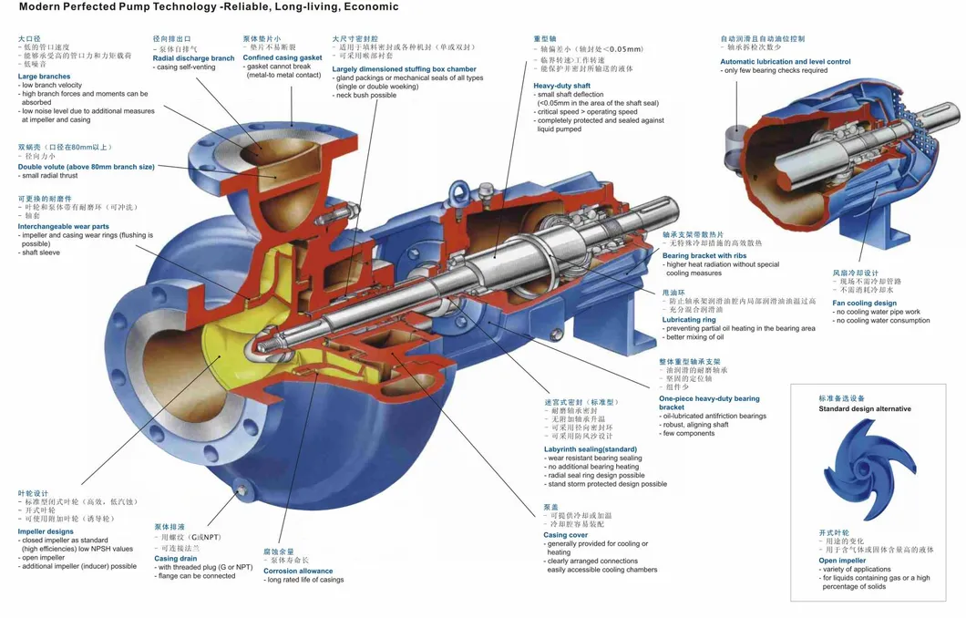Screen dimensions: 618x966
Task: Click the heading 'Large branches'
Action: [44, 77]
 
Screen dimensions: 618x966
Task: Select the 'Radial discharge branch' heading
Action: [193, 58]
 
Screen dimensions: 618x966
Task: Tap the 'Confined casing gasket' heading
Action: [283, 58]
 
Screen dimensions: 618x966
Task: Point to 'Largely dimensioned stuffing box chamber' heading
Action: [404, 69]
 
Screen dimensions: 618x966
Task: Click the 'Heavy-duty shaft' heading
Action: [561, 86]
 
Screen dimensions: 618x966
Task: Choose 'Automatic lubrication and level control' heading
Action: [785, 62]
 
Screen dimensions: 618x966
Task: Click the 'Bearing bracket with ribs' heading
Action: [704, 256]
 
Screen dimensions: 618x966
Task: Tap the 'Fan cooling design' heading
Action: [864, 304]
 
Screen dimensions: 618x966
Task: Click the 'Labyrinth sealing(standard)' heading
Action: [591, 449]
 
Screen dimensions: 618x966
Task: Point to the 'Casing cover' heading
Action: [567, 535]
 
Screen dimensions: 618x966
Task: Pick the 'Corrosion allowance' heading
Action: [297, 572]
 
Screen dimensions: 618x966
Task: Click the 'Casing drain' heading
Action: [176, 559]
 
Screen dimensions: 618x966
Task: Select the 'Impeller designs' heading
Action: [46, 531]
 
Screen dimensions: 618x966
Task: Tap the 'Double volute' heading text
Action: [86, 167]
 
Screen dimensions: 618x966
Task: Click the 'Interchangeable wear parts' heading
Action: [64, 226]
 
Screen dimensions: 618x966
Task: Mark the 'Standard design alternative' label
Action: [864, 409]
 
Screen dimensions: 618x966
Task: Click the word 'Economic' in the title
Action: [365, 7]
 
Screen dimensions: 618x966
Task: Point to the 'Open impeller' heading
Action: [842, 561]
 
